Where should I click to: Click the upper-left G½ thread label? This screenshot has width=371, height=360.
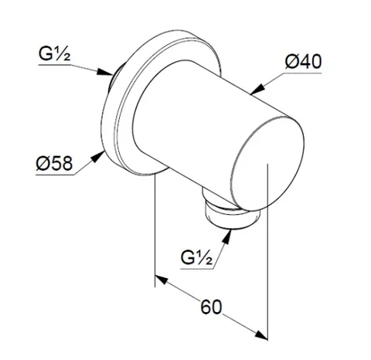tap(54, 54)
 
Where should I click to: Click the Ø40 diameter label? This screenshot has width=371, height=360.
tap(304, 62)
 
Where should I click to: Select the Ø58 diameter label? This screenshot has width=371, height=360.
tap(54, 163)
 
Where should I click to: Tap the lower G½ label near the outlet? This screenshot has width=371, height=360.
tap(197, 257)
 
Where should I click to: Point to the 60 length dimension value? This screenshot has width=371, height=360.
tap(211, 307)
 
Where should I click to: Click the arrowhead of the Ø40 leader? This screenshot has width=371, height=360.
tap(258, 89)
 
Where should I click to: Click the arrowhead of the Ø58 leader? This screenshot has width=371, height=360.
tap(98, 157)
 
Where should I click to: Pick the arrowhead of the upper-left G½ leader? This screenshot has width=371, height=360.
tap(105, 72)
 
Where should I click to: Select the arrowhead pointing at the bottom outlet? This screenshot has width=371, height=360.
tap(226, 236)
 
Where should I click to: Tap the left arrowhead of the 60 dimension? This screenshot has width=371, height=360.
tap(162, 280)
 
